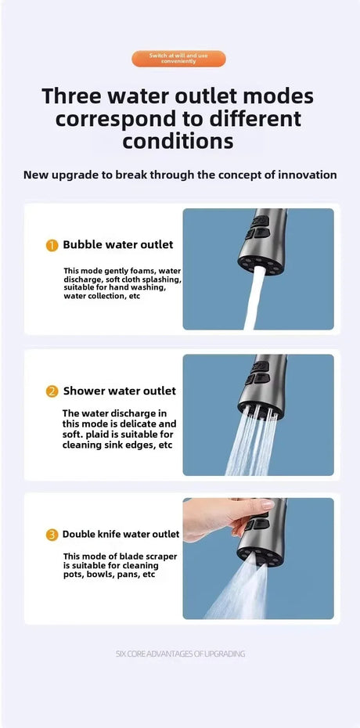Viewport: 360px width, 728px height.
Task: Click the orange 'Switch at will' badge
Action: tap(178, 59)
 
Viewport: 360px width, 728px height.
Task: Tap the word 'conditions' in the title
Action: tap(178, 141)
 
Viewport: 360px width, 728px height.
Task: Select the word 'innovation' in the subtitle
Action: tap(306, 175)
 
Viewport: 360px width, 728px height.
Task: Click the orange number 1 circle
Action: tap(52, 245)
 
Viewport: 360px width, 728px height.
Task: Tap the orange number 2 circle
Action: tap(52, 391)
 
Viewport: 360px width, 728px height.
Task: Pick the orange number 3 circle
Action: tap(52, 535)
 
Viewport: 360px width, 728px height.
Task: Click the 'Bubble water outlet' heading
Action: tap(117, 245)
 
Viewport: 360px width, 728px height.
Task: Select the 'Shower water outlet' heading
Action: tap(119, 391)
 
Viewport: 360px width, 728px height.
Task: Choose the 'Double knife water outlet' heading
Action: tap(121, 535)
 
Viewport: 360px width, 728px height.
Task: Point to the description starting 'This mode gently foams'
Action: tap(122, 283)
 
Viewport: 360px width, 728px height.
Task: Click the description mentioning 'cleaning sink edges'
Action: tap(119, 429)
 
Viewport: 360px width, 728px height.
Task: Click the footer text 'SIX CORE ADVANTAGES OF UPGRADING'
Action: tap(180, 654)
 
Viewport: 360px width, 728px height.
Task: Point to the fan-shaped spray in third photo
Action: tap(235, 591)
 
